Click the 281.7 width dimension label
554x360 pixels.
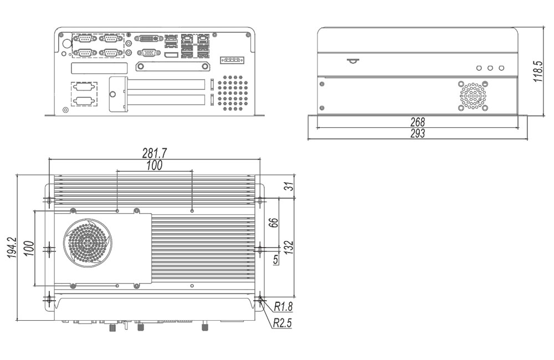[155, 153]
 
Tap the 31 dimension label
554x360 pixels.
[288, 187]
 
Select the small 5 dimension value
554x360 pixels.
[275, 259]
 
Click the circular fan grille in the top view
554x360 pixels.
[87, 244]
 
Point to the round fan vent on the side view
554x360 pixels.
[473, 95]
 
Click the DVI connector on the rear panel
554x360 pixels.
[148, 39]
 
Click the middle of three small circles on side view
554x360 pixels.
[490, 68]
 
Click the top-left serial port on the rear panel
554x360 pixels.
[85, 39]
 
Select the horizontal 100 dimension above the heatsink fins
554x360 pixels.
[154, 166]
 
